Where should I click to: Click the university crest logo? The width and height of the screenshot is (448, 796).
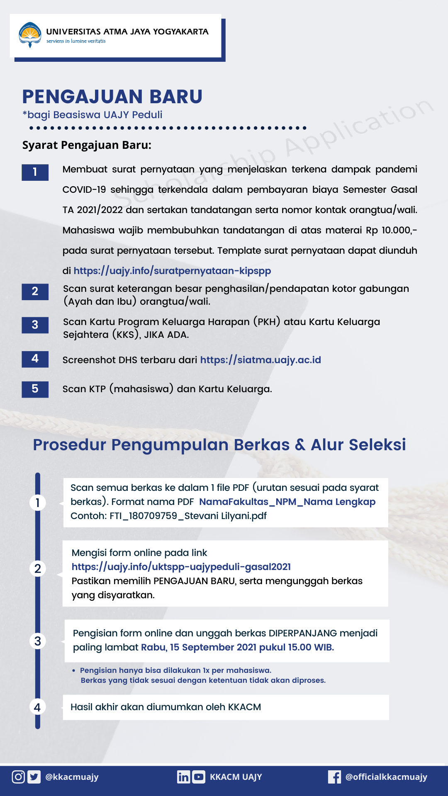pos(30,35)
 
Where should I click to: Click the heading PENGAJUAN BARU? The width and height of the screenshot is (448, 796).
pos(112,97)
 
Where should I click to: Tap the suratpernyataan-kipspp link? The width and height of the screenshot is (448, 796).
pos(172,271)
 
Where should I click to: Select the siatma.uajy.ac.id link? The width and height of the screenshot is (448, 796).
pos(261,360)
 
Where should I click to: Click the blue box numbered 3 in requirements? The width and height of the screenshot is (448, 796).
pos(35,325)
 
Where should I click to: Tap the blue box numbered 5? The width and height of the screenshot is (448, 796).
pos(35,389)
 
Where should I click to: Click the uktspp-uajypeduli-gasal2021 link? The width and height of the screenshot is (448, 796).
pos(181,567)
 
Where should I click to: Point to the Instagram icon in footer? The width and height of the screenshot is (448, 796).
pos(18,777)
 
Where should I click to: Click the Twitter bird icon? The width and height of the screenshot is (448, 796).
pos(34,777)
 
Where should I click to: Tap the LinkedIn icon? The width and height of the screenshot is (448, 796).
pos(183,777)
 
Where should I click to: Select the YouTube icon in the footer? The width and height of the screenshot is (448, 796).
pos(199,777)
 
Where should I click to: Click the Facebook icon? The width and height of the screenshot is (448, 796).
pos(334,777)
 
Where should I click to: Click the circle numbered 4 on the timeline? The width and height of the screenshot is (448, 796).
pos(37,707)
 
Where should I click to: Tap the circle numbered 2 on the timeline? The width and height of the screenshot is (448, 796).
pos(37,568)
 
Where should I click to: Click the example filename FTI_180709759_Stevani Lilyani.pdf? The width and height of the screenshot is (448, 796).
pos(188,516)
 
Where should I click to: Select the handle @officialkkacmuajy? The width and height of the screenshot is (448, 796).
pos(386,777)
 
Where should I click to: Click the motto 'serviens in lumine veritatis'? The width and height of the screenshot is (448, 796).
pos(76,41)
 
